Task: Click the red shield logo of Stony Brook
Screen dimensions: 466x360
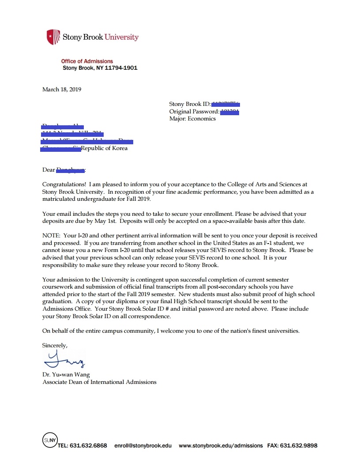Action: (53, 37)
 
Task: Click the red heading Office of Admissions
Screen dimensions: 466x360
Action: (87, 61)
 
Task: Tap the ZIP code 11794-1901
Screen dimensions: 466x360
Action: (121, 68)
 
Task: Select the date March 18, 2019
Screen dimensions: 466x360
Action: (62, 89)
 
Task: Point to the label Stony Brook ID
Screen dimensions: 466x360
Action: (190, 104)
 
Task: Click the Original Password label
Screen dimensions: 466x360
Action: (194, 111)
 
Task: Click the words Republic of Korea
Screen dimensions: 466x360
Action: (104, 148)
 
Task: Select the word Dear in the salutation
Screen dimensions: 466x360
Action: (49, 169)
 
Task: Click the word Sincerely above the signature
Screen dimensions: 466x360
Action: (55, 345)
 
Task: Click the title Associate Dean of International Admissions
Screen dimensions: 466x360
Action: (99, 382)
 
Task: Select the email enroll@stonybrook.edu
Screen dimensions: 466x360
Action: (143, 446)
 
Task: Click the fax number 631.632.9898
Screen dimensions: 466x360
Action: (298, 446)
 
